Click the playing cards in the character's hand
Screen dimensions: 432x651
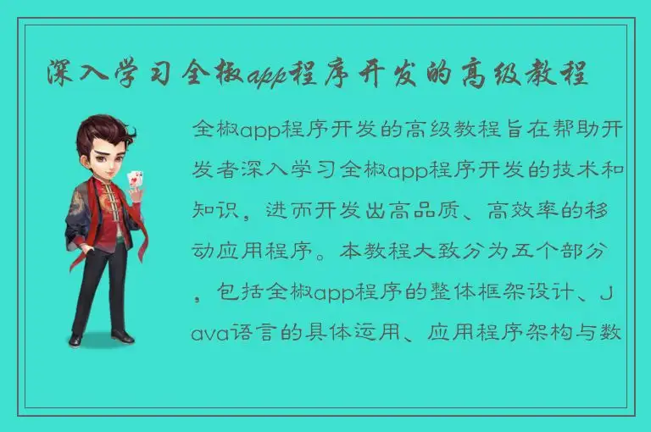pyautogui.click(x=135, y=180)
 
